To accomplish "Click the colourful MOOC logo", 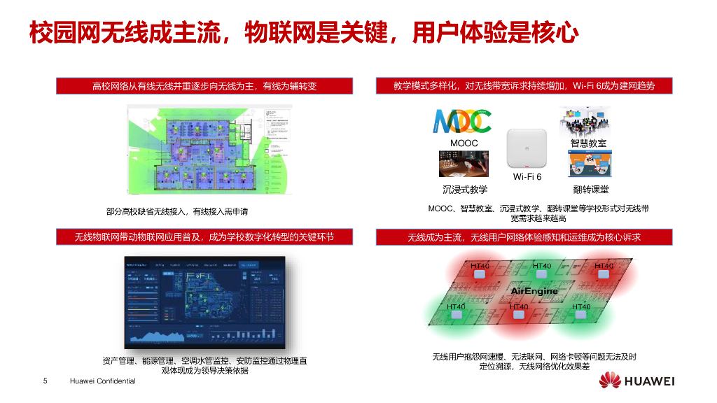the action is pos(462,121).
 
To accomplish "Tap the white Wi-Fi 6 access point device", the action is pos(527,149).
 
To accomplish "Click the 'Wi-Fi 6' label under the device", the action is pos(527,177).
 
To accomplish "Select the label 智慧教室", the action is pos(588,143).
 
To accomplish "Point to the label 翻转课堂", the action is pos(590,190).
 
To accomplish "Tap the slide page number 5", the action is pos(45,381).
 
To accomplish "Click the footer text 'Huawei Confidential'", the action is pos(103,381).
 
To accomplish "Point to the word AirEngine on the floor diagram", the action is pos(534,290).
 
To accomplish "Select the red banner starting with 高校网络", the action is pos(204,86).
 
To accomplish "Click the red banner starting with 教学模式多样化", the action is pos(524,86).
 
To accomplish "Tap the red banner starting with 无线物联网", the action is pos(204,237).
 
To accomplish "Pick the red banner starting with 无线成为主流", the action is pos(524,237).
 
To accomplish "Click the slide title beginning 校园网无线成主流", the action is pos(303,33).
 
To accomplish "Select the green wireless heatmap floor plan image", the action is pos(208,151).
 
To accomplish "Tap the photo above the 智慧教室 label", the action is pos(585,122).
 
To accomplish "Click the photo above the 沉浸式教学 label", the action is pos(464,164).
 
